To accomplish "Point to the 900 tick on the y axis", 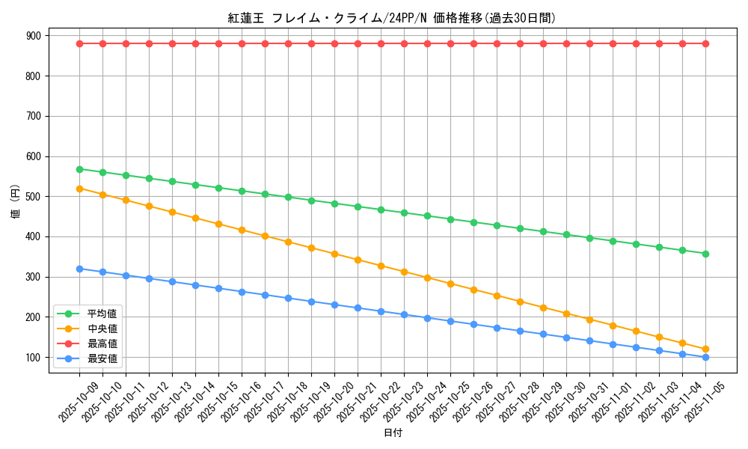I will click(34, 35).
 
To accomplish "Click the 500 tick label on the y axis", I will click(34, 197).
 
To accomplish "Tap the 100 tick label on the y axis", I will click(34, 358).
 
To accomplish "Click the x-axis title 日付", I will click(393, 433).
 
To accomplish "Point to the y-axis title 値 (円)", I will click(15, 202).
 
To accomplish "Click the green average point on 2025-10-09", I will click(79, 169).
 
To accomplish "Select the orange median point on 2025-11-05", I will click(705, 349).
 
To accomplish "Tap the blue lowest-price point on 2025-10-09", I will click(79, 269).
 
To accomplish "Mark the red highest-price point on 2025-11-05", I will click(705, 43).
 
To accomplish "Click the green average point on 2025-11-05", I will click(705, 254).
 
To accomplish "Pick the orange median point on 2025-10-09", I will click(79, 189).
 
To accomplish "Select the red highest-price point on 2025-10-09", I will click(79, 43).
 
